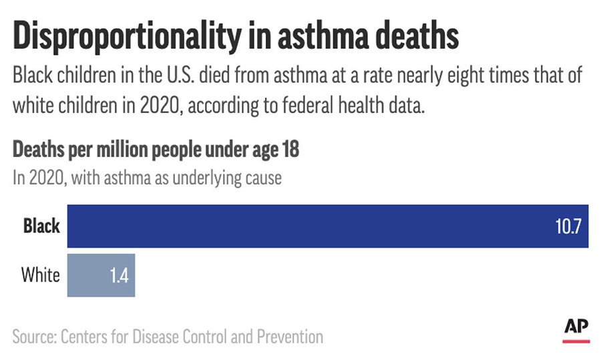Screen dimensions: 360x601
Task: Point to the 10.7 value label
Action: [570, 226]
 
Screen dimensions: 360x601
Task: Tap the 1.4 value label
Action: [120, 276]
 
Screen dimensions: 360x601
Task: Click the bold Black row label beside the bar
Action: [41, 226]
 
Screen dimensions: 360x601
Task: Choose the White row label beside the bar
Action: [41, 275]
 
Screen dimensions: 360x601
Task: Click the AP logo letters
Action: [576, 326]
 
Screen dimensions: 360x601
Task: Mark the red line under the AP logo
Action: [576, 341]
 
